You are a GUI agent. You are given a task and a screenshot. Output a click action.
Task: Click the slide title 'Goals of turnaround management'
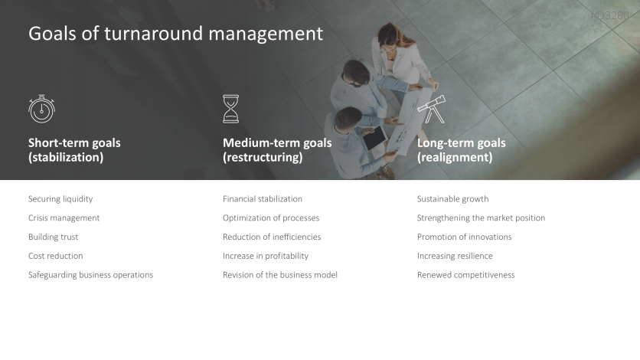pyautogui.click(x=175, y=34)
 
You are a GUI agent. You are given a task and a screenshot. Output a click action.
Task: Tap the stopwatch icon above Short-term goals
pyautogui.click(x=41, y=109)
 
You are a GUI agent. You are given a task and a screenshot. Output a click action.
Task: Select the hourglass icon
pyautogui.click(x=230, y=109)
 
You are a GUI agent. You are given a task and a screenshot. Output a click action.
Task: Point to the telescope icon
pyautogui.click(x=431, y=109)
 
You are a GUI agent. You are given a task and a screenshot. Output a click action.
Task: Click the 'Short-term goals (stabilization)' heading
pyautogui.click(x=74, y=150)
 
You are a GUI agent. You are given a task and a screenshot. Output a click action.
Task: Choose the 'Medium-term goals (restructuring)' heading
pyautogui.click(x=277, y=150)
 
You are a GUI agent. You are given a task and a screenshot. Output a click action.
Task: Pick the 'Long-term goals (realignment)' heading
pyautogui.click(x=461, y=150)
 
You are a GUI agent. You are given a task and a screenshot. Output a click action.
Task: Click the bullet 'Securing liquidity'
pyautogui.click(x=60, y=199)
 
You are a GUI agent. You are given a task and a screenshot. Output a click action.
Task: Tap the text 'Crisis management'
pyautogui.click(x=64, y=218)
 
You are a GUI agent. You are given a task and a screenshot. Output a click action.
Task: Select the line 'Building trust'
pyautogui.click(x=53, y=237)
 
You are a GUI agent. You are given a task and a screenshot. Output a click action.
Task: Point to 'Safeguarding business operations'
pyautogui.click(x=90, y=275)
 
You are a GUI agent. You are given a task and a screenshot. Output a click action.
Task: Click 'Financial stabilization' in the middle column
pyautogui.click(x=263, y=199)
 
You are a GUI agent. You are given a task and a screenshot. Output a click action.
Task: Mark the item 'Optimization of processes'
pyautogui.click(x=271, y=218)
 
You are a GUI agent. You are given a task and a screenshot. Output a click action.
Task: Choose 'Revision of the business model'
pyautogui.click(x=280, y=275)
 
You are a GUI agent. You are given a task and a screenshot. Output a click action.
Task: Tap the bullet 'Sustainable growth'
pyautogui.click(x=452, y=199)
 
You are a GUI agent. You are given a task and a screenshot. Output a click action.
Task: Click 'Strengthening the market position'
pyautogui.click(x=481, y=218)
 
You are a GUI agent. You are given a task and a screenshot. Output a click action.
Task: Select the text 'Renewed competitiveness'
pyautogui.click(x=465, y=275)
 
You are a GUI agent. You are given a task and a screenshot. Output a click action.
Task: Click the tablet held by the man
pyautogui.click(x=374, y=139)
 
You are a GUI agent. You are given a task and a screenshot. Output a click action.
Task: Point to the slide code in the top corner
pyautogui.click(x=610, y=15)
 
